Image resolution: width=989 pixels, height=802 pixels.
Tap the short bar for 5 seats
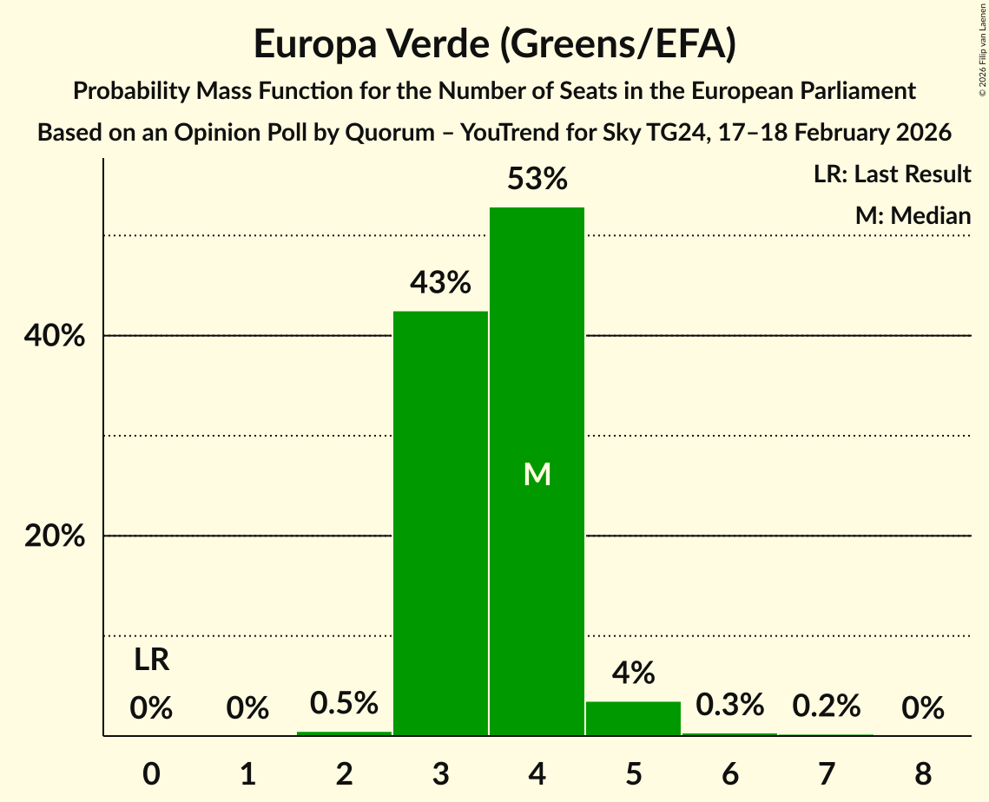(x=633, y=719)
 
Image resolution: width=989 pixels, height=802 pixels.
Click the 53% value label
(x=537, y=180)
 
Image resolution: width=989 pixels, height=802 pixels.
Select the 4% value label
(x=633, y=673)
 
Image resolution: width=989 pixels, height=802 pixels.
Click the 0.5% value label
(x=344, y=702)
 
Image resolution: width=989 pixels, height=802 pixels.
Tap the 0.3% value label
(x=729, y=704)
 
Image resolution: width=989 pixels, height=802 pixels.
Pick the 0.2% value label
(x=826, y=706)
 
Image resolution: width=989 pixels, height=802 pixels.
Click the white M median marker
(x=537, y=474)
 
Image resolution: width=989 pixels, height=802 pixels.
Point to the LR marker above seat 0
(x=151, y=661)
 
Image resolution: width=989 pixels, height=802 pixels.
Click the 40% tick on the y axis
(x=55, y=336)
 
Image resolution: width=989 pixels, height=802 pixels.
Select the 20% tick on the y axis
(x=55, y=536)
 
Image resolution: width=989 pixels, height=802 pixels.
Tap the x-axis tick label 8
(x=922, y=772)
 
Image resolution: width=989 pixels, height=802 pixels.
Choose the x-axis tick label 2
(x=344, y=772)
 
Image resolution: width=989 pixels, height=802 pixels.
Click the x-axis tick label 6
(x=729, y=772)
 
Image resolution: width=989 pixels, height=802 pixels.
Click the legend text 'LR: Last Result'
(x=892, y=174)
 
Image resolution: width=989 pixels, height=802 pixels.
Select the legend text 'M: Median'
(x=913, y=215)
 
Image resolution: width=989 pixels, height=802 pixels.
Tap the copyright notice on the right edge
(x=982, y=52)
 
